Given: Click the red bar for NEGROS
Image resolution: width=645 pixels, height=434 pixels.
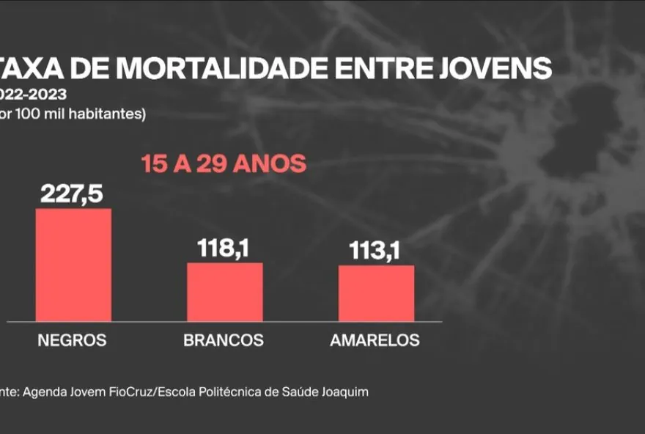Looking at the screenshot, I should pos(73,265).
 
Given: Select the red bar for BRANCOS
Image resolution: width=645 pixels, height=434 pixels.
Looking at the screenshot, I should pos(224,292).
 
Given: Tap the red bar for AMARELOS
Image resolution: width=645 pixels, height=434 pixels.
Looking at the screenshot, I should pos(376,293).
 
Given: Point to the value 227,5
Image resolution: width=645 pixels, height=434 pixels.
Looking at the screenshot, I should pos(73,194).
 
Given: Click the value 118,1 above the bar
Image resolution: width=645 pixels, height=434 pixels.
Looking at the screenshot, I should pos(224,249).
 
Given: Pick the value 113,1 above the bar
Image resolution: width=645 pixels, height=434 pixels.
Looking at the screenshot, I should pos(376,251).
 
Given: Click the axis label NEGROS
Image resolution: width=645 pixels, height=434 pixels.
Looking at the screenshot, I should pos(72,341).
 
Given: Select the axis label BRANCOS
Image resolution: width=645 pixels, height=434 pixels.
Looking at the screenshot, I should pos(224,341).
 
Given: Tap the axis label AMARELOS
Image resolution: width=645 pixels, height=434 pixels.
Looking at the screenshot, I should pos(375,341).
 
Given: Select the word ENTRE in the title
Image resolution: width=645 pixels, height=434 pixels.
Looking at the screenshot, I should pos(388,68).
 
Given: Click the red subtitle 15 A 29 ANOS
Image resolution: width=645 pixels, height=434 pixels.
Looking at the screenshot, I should pos(224,163).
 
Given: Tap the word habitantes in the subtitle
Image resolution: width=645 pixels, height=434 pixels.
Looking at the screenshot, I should pos(115,114).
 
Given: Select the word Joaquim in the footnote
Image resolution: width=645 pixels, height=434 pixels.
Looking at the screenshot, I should pos(346,392).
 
